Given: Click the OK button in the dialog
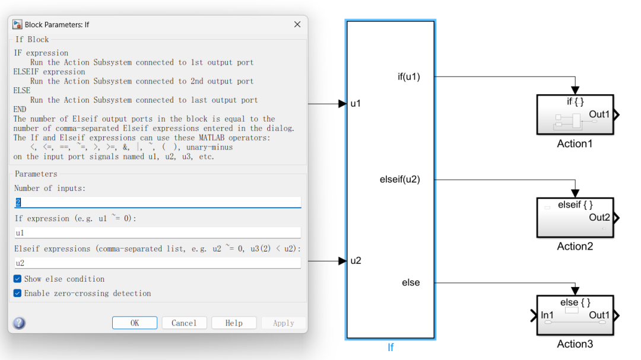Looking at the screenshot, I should pyautogui.click(x=135, y=323).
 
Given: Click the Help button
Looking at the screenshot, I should pyautogui.click(x=234, y=323).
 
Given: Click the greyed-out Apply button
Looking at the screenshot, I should pyautogui.click(x=283, y=323).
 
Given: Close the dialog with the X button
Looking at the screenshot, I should pyautogui.click(x=297, y=24).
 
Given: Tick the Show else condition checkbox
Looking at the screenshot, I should pyautogui.click(x=18, y=279).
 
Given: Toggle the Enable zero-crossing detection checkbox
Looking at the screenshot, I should pyautogui.click(x=18, y=293).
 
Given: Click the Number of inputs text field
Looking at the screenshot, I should pyautogui.click(x=157, y=202).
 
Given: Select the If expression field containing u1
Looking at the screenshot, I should pyautogui.click(x=157, y=232).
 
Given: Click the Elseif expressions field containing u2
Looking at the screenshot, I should pyautogui.click(x=157, y=263).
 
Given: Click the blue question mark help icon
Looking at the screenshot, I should pyautogui.click(x=19, y=323).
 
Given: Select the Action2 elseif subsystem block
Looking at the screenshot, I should pyautogui.click(x=575, y=217).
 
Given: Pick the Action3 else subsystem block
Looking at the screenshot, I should pyautogui.click(x=575, y=315).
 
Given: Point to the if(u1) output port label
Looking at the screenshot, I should pyautogui.click(x=408, y=77).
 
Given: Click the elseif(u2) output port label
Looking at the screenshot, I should pyautogui.click(x=399, y=179).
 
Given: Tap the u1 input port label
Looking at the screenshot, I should pyautogui.click(x=356, y=104).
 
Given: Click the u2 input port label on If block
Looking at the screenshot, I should pyautogui.click(x=356, y=260).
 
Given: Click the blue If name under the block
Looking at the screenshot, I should pyautogui.click(x=391, y=348).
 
